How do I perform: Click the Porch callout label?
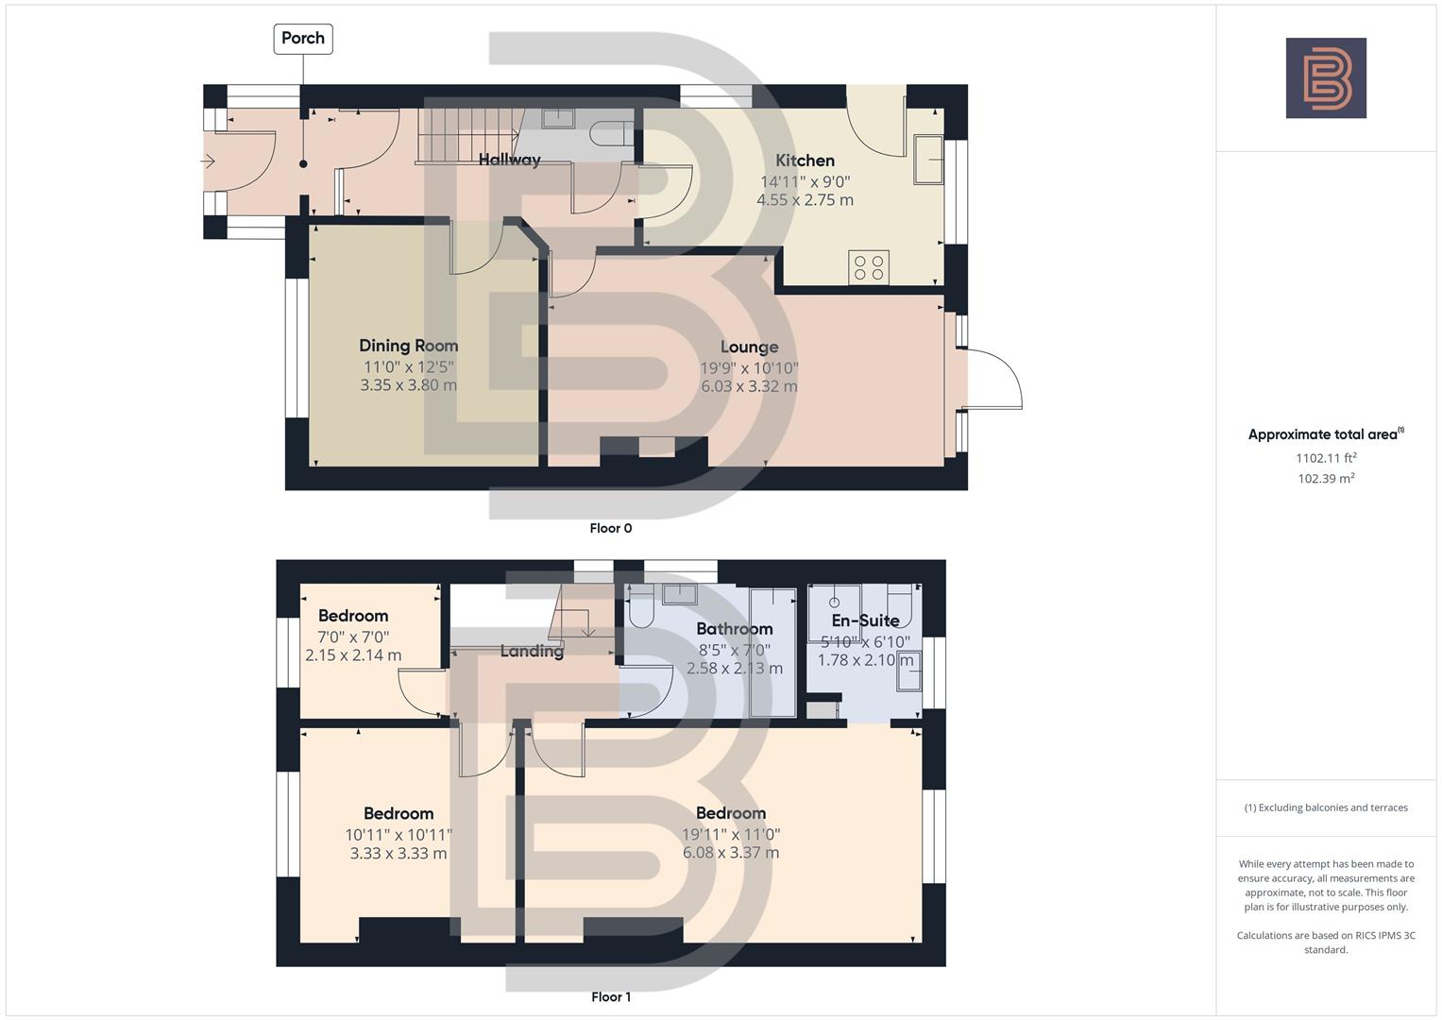tap(303, 39)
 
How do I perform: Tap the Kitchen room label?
tap(805, 161)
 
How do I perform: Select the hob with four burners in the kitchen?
tap(869, 268)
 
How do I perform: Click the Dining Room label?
tap(408, 346)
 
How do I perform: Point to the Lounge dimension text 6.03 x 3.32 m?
tap(749, 386)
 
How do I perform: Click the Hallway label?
tap(509, 160)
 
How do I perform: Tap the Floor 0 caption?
tap(611, 528)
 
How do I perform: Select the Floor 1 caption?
tap(611, 996)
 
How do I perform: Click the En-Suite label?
tap(865, 620)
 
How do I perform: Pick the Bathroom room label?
tap(734, 629)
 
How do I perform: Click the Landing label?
tap(532, 650)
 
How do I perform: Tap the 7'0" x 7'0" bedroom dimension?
tap(353, 637)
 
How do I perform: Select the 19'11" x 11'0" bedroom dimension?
tap(731, 834)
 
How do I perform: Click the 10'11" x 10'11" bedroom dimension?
tap(399, 834)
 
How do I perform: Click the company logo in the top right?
tap(1326, 77)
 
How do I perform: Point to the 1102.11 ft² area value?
tap(1326, 458)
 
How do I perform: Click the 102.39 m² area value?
tap(1326, 479)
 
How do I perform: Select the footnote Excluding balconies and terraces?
tap(1326, 807)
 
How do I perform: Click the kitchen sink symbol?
tap(928, 160)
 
